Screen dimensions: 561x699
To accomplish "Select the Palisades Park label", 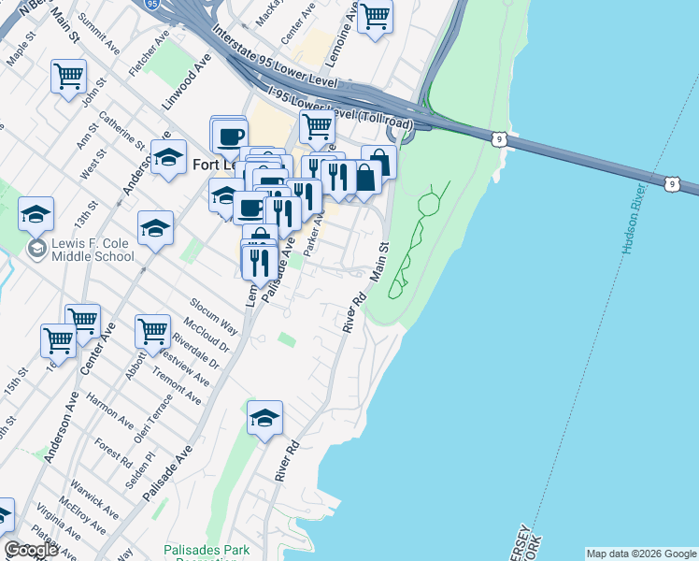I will (207, 551).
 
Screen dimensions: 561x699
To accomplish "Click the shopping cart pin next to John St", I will (69, 76).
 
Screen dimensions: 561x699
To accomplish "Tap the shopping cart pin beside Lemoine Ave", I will (375, 15).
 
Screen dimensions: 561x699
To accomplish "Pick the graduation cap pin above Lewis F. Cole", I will (36, 214).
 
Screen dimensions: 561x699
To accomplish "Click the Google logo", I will (31, 550).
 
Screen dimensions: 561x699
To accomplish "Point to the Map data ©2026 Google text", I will (641, 554).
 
